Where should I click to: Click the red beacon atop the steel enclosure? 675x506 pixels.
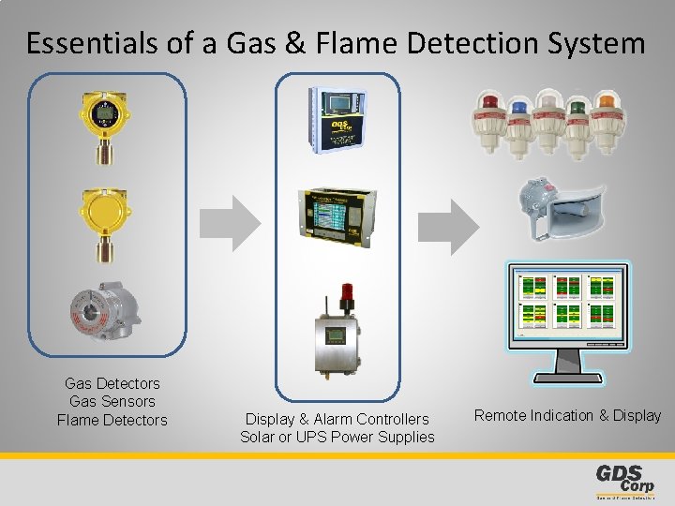point(347,292)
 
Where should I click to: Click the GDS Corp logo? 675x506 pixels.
point(624,479)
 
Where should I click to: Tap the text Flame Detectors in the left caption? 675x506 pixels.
point(112,420)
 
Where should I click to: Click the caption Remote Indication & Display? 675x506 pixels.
point(567,415)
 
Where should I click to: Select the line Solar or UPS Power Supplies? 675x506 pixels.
point(337,437)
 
